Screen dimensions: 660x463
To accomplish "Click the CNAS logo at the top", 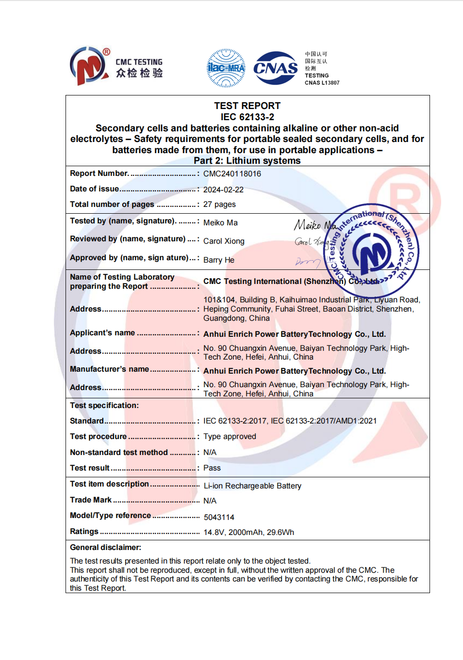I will click(x=275, y=68).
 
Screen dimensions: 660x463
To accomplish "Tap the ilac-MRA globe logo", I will click(x=226, y=68).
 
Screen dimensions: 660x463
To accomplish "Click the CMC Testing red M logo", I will click(x=88, y=66).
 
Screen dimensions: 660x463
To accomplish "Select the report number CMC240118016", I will click(x=232, y=173).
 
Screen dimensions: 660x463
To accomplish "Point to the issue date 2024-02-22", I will click(x=223, y=189).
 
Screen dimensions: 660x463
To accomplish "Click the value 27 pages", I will click(x=219, y=204).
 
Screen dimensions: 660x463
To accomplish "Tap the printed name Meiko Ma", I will click(x=220, y=223).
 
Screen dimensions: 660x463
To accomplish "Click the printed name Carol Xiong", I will click(x=224, y=241).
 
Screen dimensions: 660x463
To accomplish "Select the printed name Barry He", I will click(x=218, y=260).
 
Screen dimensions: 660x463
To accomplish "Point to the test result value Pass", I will click(x=212, y=468).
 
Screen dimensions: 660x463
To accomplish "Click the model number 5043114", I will click(x=219, y=518).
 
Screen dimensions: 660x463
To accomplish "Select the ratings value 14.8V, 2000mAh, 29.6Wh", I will click(x=248, y=533).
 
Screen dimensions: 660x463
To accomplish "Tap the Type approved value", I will click(x=230, y=437).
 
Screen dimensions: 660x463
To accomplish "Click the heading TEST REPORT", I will click(x=248, y=106).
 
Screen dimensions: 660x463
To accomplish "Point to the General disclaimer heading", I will click(x=105, y=548).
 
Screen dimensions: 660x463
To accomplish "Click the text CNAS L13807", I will click(x=322, y=83).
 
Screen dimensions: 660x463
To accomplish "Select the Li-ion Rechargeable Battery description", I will click(x=252, y=486).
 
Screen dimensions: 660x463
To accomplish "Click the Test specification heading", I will click(x=104, y=406).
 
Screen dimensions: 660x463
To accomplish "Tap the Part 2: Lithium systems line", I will click(x=247, y=161).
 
